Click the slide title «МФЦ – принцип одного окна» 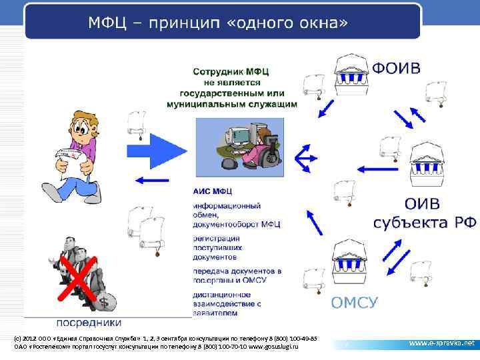pos(218,23)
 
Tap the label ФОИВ pos(396,69)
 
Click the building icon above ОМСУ pos(353,261)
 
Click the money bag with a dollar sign pos(104,301)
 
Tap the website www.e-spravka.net pos(441,343)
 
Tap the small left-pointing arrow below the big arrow pos(150,179)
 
